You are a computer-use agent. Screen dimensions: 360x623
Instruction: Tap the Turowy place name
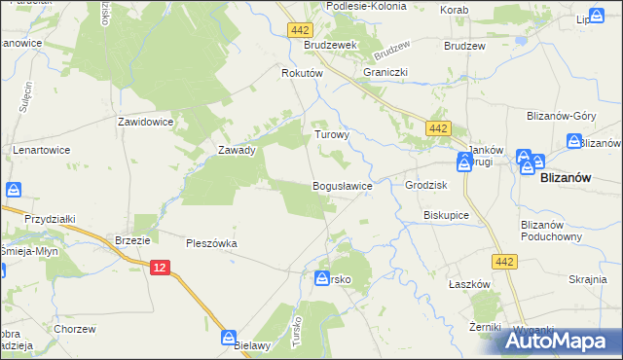[331, 135]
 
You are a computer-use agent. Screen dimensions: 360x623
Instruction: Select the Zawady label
[237, 151]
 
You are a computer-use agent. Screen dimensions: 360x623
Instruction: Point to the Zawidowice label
[145, 123]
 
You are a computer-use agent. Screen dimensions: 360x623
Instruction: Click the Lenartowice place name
[42, 151]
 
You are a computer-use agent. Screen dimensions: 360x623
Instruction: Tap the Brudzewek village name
[331, 46]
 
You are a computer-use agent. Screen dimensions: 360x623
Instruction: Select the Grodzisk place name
[425, 185]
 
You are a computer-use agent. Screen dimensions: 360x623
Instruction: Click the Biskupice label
[447, 215]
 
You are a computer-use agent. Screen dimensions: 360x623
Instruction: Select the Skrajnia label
[588, 279]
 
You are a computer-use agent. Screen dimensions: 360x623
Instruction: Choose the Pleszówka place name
[212, 243]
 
